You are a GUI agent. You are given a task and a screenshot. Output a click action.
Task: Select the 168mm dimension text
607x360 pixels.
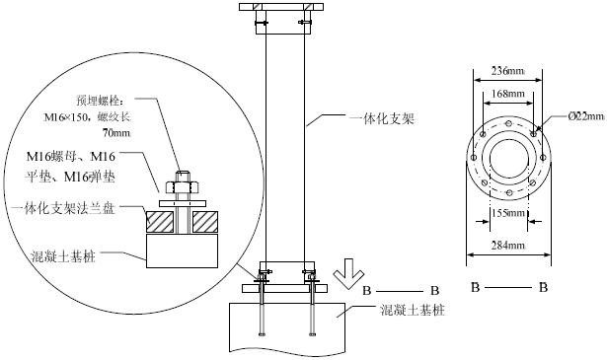(508, 94)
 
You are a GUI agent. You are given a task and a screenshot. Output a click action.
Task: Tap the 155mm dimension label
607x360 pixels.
(508, 213)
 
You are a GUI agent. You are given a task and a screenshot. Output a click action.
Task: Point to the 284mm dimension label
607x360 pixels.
(508, 247)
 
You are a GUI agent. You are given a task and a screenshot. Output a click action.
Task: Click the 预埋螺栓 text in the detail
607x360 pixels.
(103, 101)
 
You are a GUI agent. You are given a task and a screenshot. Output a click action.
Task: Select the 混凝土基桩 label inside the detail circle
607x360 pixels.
(62, 254)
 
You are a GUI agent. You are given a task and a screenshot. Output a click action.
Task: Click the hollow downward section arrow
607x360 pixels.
(346, 268)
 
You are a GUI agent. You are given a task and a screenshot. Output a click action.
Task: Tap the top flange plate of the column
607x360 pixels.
(282, 10)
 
